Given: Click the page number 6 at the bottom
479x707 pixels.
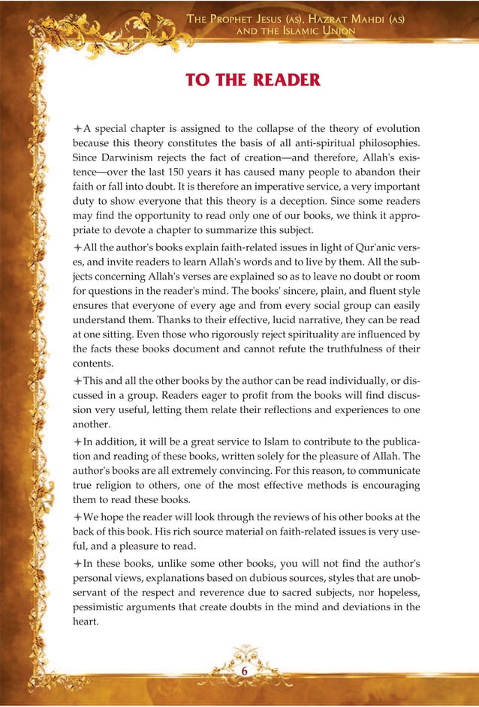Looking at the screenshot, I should click(x=243, y=671).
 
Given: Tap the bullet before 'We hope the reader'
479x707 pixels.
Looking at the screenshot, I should click(x=77, y=537).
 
